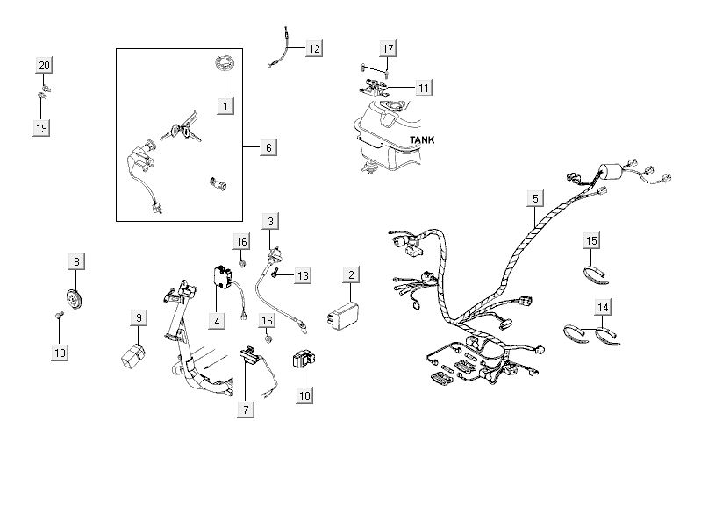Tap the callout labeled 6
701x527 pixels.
click(x=268, y=147)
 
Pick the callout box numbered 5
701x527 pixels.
click(x=534, y=198)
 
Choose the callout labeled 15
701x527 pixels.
click(x=592, y=240)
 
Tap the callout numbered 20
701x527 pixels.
click(x=44, y=66)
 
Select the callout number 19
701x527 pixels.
click(x=41, y=128)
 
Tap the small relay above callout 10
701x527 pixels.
click(x=303, y=360)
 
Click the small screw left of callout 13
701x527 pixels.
click(x=274, y=274)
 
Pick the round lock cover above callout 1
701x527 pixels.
click(x=224, y=66)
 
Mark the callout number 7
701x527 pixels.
click(x=247, y=409)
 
